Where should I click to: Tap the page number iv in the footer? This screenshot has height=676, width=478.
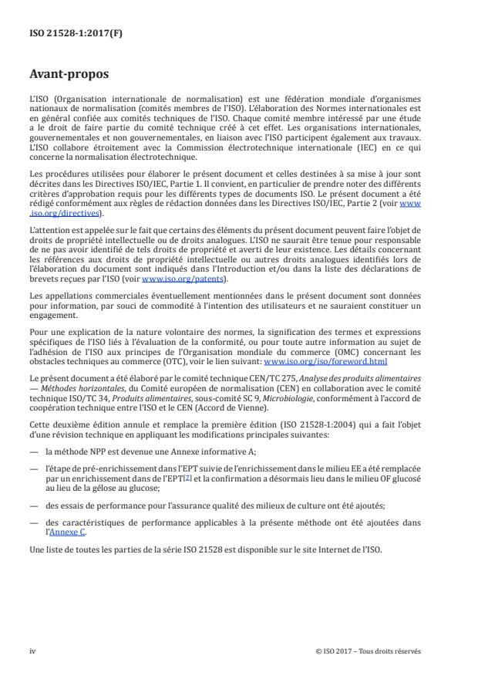pyautogui.click(x=32, y=651)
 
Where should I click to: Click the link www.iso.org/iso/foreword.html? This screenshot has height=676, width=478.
pyautogui.click(x=325, y=360)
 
